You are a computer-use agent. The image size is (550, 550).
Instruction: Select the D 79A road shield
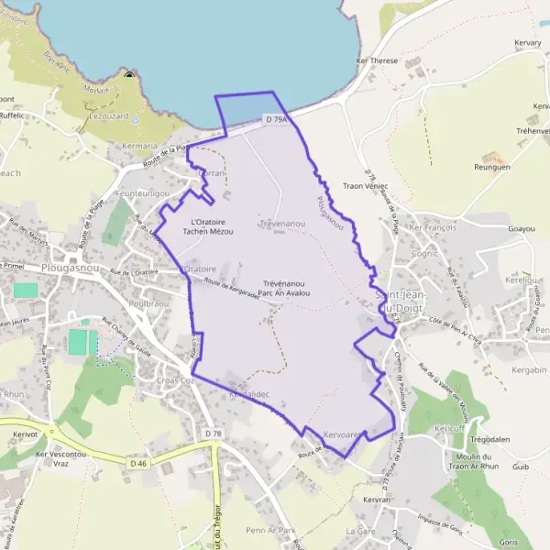277,119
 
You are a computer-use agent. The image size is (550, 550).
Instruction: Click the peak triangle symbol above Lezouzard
129,77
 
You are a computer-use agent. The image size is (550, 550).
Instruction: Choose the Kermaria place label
140,146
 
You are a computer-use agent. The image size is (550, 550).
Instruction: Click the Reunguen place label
491,168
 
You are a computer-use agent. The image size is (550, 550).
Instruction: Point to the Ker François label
432,226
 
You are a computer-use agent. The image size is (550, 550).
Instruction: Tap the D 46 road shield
138,464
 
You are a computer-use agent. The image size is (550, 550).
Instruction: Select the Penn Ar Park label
270,531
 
